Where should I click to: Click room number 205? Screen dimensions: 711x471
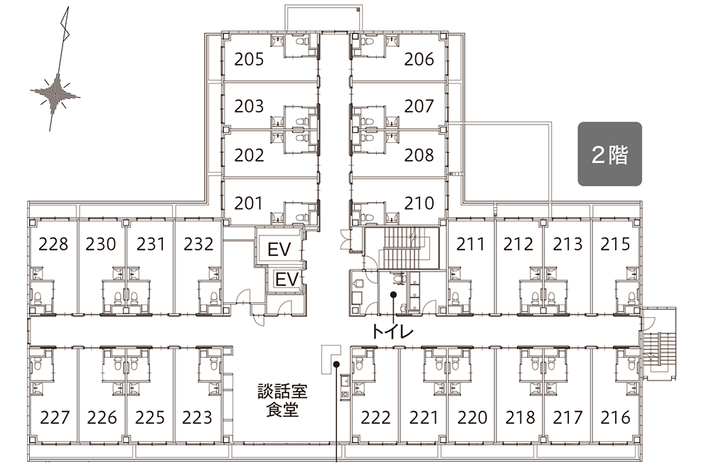[249, 60]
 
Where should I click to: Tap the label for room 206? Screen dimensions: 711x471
[419, 60]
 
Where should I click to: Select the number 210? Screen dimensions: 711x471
[419, 203]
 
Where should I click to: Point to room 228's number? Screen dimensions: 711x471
[53, 244]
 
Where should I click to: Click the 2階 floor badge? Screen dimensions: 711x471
[610, 154]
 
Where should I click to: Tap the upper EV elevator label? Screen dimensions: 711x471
[279, 250]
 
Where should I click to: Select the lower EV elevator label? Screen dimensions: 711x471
[287, 279]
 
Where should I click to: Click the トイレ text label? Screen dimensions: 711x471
[392, 332]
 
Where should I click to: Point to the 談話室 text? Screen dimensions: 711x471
[282, 391]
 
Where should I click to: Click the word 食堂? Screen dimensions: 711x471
[282, 410]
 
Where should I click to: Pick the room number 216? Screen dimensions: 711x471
[615, 418]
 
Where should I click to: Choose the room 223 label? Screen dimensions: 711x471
[197, 418]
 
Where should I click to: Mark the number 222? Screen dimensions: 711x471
[375, 418]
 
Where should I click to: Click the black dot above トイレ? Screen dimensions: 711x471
[394, 295]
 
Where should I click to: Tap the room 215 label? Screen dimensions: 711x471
[615, 244]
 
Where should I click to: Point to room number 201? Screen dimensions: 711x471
[248, 203]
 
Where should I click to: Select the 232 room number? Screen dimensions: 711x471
[198, 244]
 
